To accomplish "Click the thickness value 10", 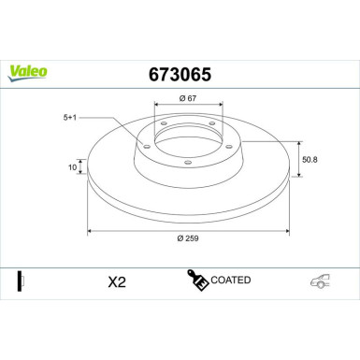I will pyautogui.click(x=72, y=168).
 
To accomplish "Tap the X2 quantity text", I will pyautogui.click(x=117, y=281).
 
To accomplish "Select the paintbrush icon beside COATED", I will pyautogui.click(x=196, y=279).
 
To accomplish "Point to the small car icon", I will pyautogui.click(x=320, y=281).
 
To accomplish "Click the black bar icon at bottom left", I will pyautogui.click(x=20, y=280).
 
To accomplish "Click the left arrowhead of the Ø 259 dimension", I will pyautogui.click(x=89, y=229).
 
